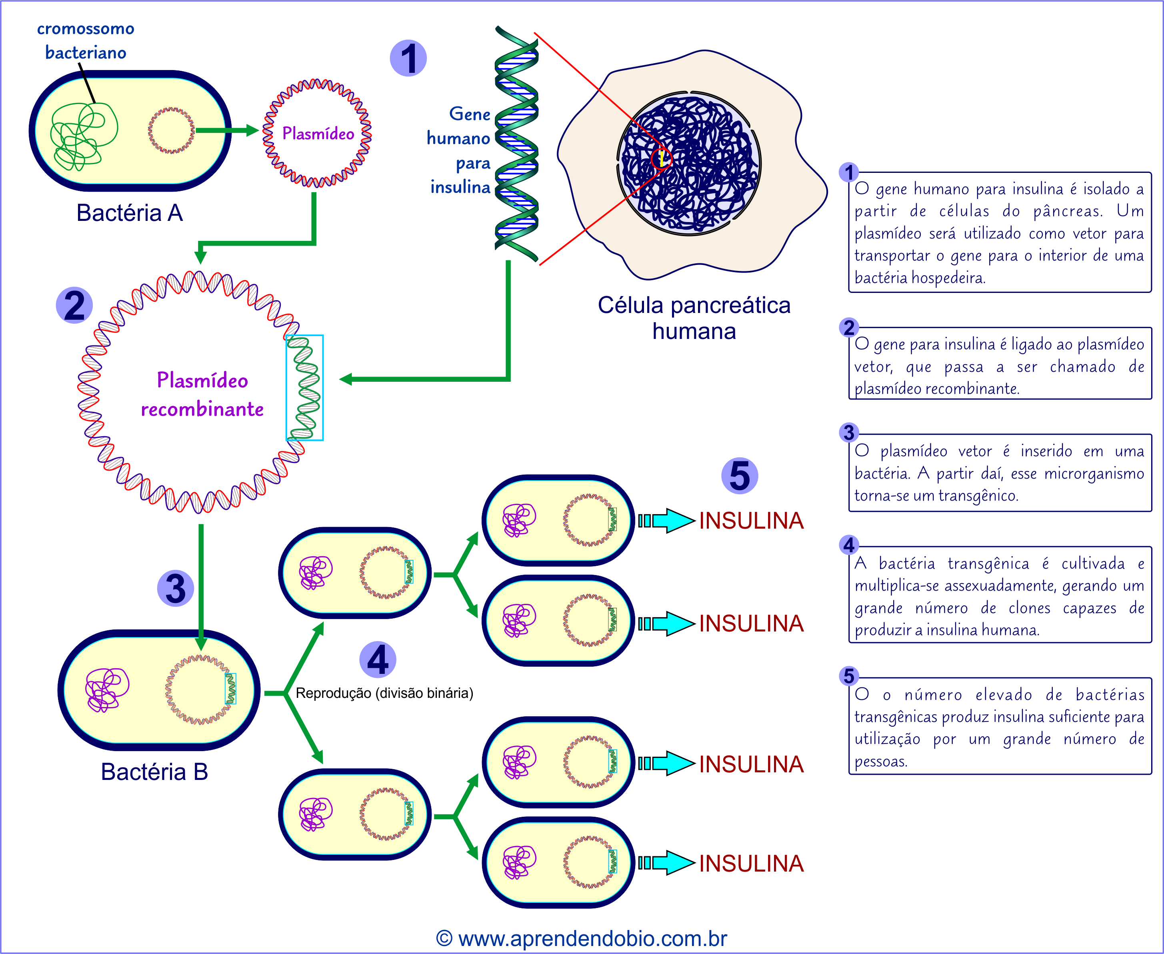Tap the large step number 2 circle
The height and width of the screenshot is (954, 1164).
[x=74, y=305]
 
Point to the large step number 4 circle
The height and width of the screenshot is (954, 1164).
[x=377, y=659]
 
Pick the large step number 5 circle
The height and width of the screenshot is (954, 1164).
[x=739, y=475]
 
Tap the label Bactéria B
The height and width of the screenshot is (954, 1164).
[x=154, y=772]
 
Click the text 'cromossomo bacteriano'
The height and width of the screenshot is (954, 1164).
[x=86, y=41]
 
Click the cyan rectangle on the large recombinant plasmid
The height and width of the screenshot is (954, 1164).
[x=304, y=387]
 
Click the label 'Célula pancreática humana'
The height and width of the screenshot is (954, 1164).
[x=694, y=318]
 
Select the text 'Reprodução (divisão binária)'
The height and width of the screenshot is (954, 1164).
[x=384, y=693]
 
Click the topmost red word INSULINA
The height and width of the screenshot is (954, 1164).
[x=751, y=520]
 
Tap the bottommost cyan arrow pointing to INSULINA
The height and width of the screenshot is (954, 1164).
[x=666, y=863]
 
